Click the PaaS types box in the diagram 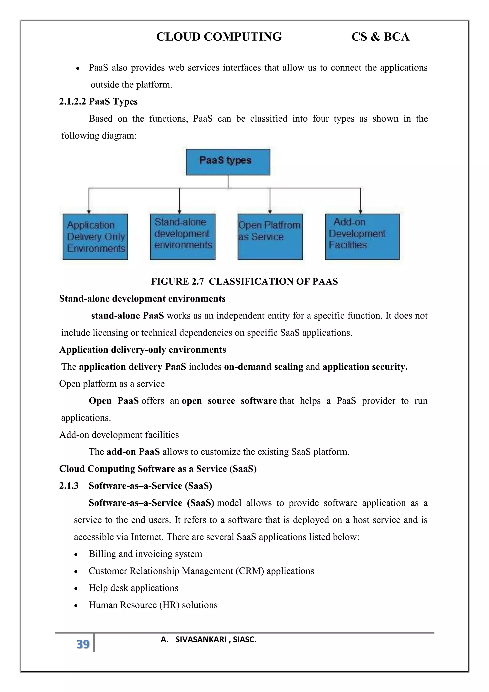tap(228, 162)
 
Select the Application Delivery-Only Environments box tap(95, 237)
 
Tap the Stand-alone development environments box tap(183, 237)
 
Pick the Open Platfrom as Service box tap(270, 237)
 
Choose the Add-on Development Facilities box tap(362, 237)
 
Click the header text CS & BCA tap(380, 37)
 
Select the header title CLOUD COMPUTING tap(219, 37)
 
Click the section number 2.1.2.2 tap(73, 102)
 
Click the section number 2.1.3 tap(69, 486)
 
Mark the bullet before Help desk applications tap(76, 589)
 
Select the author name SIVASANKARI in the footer tap(201, 640)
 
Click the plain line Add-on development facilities tap(119, 435)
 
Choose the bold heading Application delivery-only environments tap(143, 350)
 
